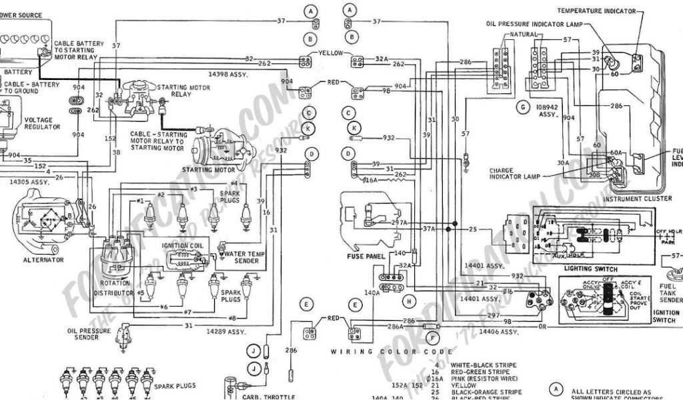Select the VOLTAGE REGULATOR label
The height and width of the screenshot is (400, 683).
tap(43, 123)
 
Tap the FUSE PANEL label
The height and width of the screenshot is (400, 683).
tap(364, 255)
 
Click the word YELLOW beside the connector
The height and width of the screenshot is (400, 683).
tap(330, 53)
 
